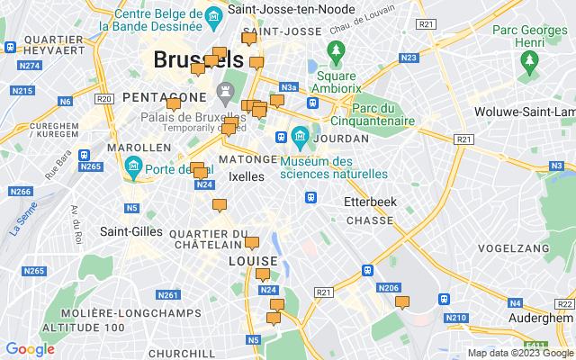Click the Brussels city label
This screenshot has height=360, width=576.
click(x=198, y=59)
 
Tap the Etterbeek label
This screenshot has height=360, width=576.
click(x=370, y=202)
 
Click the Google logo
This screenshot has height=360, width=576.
click(x=30, y=349)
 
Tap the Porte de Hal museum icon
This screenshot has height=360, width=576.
click(x=134, y=166)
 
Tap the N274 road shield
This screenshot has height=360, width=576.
click(x=30, y=66)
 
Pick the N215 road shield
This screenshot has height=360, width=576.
click(x=22, y=91)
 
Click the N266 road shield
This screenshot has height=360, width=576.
click(x=21, y=191)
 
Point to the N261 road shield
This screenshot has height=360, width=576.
click(x=168, y=295)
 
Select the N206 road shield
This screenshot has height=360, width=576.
click(x=388, y=288)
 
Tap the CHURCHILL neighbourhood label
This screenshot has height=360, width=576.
click(x=181, y=354)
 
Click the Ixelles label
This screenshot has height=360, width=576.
click(x=247, y=176)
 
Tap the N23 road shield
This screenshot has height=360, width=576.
click(x=409, y=58)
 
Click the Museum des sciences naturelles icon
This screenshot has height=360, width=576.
click(x=300, y=137)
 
